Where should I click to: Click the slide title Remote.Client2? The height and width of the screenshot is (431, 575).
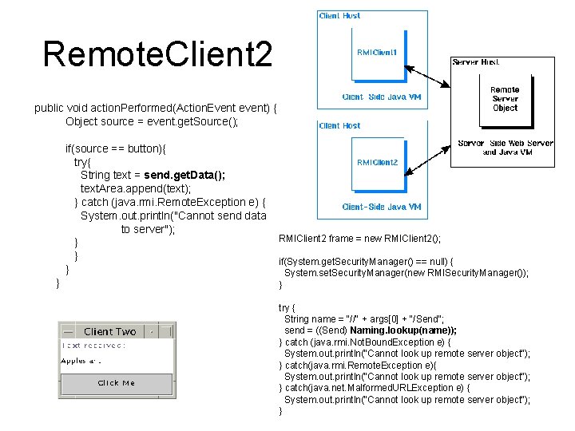(157, 55)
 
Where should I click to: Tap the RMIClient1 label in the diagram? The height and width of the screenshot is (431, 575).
(377, 52)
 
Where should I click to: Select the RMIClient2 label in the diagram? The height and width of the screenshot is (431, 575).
(377, 162)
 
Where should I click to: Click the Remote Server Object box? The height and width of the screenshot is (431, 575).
(505, 99)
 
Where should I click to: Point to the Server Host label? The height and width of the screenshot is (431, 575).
(477, 61)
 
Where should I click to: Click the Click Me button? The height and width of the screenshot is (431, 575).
(117, 383)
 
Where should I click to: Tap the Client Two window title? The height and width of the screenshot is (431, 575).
(109, 331)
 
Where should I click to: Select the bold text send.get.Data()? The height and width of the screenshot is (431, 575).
(184, 176)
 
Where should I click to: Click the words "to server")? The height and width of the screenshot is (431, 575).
(148, 230)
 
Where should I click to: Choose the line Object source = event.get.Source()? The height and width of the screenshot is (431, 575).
(152, 121)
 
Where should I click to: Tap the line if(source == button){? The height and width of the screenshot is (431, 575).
(113, 148)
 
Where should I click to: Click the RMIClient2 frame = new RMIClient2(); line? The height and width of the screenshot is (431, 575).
(359, 239)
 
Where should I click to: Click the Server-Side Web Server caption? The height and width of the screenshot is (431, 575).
(505, 148)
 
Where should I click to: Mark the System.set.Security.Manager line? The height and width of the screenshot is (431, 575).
(406, 273)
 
